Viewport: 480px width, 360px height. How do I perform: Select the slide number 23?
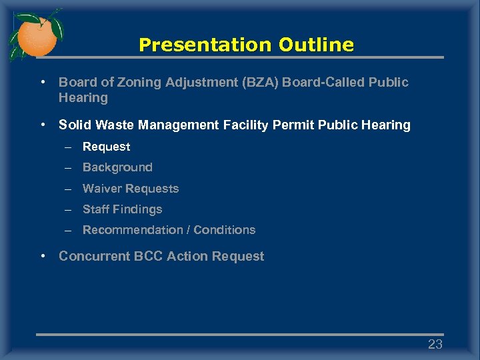(435, 345)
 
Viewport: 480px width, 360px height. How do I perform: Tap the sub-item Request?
(106, 147)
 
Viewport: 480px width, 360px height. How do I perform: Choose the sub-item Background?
(117, 167)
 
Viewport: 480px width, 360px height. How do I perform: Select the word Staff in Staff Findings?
(96, 209)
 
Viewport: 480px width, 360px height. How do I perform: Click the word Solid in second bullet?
(73, 125)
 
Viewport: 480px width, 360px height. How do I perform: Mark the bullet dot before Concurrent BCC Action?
(43, 256)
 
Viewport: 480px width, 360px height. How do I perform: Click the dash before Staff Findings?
(68, 209)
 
